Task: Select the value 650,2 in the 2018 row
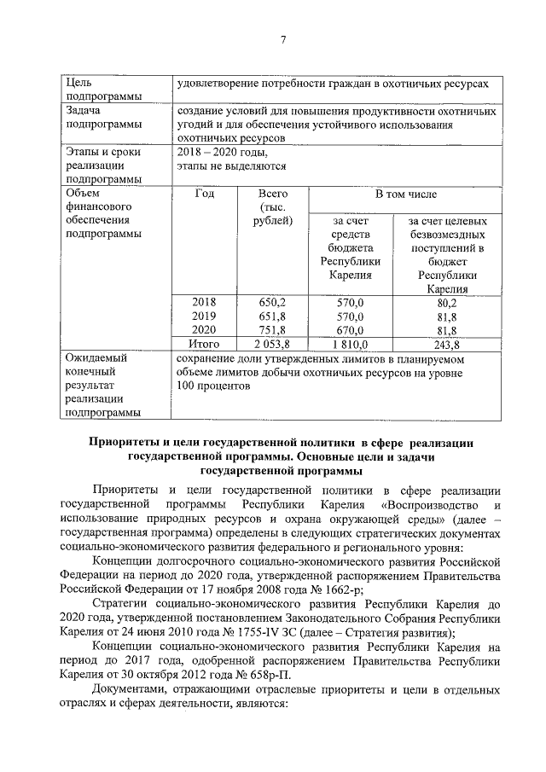[x=272, y=302]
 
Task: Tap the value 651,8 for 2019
[x=272, y=316]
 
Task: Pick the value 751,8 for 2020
[x=272, y=330]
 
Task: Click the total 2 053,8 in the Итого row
[x=272, y=344]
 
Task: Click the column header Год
[x=204, y=194]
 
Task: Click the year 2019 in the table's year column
[x=204, y=316]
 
